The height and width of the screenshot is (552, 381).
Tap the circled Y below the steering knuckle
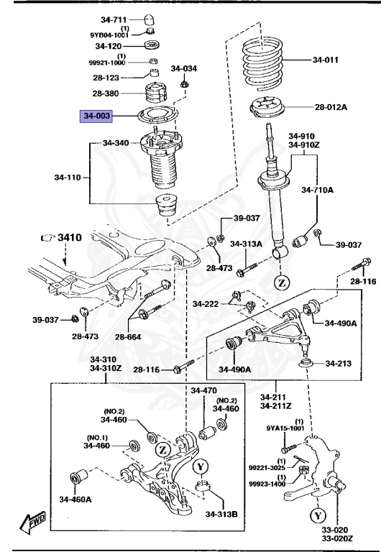point(318,515)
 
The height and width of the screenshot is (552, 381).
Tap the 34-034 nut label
point(183,69)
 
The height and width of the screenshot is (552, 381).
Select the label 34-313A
point(246,244)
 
